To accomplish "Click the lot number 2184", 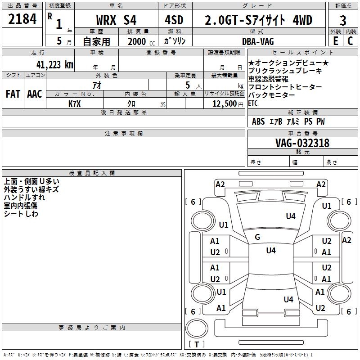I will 22,19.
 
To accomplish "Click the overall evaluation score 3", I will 343,20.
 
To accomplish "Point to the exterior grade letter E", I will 335,41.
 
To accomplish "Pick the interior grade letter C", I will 350,41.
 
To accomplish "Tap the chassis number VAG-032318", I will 302,143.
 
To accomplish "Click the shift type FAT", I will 13,94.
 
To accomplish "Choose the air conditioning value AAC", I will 35,94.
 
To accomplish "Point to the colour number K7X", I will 75,103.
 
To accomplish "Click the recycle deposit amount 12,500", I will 224,103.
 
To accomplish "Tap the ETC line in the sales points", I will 253,103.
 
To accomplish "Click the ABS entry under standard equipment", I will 258,121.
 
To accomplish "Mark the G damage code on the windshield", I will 257,237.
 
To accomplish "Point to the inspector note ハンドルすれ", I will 24,198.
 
